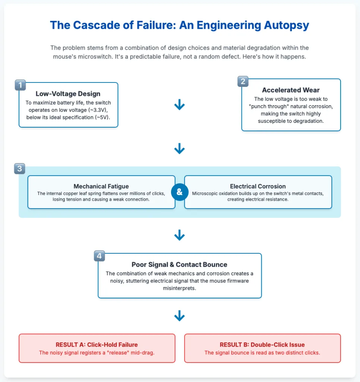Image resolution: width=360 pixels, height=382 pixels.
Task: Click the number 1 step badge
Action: [20, 85]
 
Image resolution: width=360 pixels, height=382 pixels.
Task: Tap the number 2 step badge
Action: [243, 81]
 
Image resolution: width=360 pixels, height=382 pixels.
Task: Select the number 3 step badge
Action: [20, 169]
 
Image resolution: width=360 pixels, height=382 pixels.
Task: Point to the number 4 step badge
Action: [99, 256]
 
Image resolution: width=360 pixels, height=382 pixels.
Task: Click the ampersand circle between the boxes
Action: [179, 192]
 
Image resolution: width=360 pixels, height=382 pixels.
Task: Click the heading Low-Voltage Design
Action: [68, 94]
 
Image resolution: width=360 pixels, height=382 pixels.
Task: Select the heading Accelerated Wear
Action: [291, 90]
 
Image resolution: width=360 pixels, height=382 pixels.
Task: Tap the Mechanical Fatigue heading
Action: [101, 186]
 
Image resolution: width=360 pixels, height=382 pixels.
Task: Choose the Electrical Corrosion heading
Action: [258, 186]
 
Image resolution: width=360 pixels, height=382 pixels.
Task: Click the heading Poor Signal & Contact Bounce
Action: [179, 264]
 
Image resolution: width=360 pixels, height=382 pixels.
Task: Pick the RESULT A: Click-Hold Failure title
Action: [97, 344]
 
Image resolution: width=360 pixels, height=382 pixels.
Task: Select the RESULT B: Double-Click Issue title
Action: [262, 344]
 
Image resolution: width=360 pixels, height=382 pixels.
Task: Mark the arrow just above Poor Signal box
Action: [179, 235]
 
